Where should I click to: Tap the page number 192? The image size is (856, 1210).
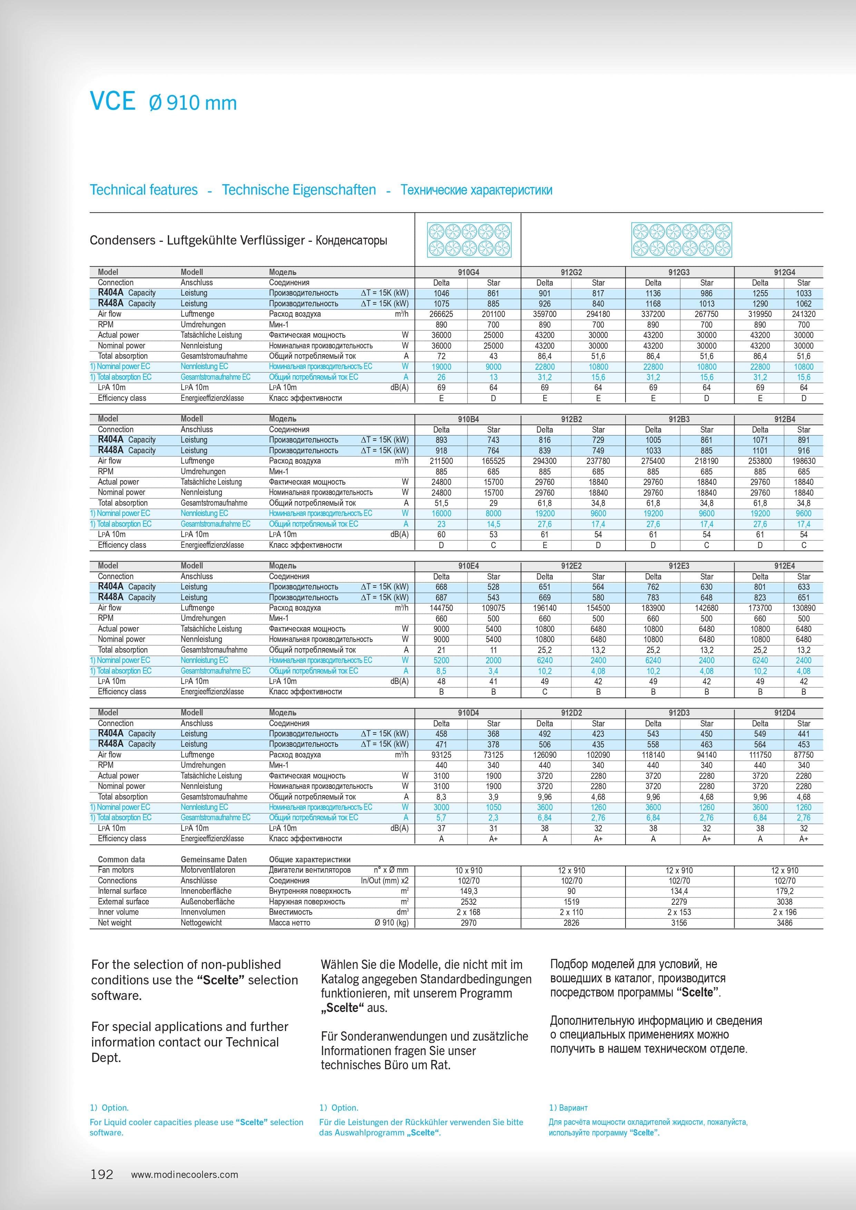(102, 1174)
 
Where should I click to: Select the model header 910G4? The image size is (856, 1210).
(468, 272)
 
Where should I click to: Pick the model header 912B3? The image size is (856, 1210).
(679, 419)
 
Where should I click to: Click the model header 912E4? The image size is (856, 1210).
(784, 566)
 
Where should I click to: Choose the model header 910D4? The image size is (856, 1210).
(468, 713)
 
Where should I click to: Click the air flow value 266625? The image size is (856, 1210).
(441, 314)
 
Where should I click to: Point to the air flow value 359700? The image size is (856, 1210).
(544, 314)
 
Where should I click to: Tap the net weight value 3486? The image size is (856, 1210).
(784, 923)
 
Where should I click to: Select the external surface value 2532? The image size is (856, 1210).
(468, 902)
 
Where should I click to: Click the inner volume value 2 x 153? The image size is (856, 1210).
(679, 912)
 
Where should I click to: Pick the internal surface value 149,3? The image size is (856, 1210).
(468, 891)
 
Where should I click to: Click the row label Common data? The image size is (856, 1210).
(121, 860)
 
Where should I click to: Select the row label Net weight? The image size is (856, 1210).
(115, 923)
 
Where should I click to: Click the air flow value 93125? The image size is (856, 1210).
(441, 755)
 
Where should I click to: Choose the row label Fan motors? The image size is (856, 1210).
(116, 870)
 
